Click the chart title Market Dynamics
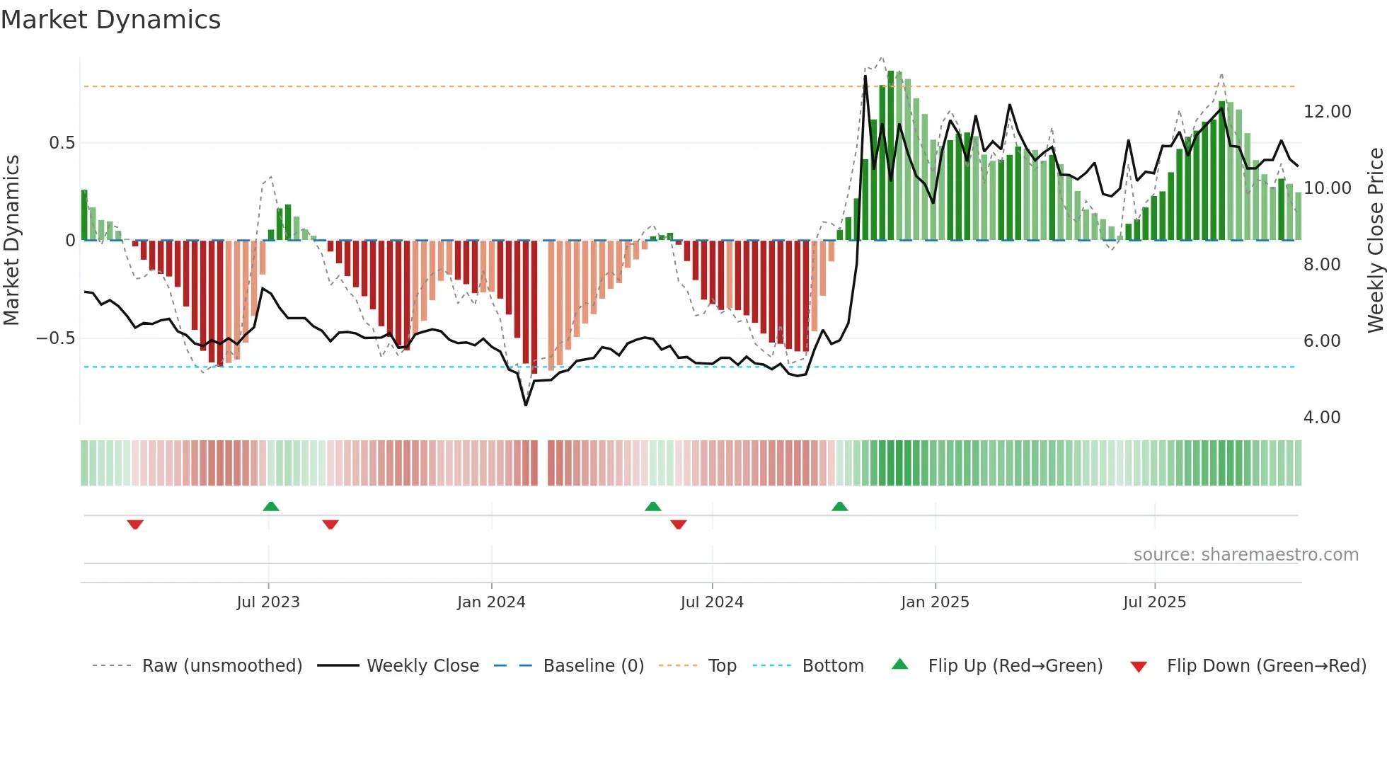click(110, 20)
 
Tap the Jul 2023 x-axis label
click(268, 602)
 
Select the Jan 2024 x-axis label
click(491, 602)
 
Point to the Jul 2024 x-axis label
click(712, 602)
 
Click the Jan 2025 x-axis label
click(935, 602)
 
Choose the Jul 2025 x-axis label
click(1154, 602)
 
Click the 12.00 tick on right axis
click(1327, 112)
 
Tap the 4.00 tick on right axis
click(1322, 418)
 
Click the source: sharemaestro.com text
click(1245, 555)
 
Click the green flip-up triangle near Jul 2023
click(271, 507)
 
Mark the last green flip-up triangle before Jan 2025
click(839, 507)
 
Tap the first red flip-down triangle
click(135, 524)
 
